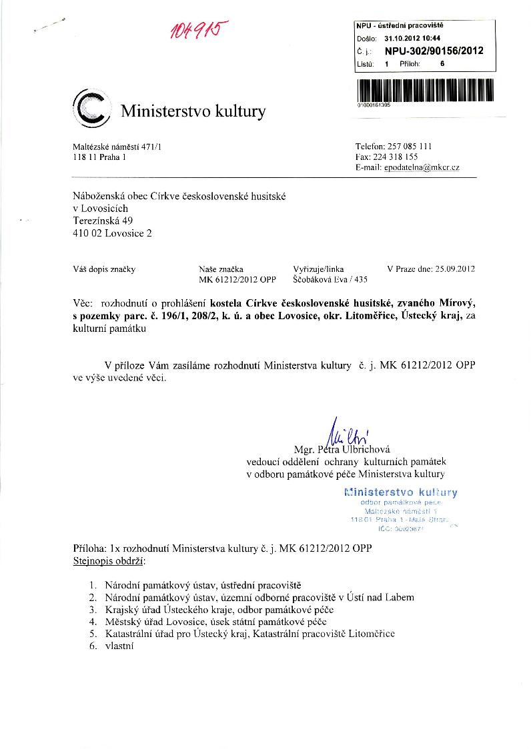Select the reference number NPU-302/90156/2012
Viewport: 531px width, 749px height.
click(x=439, y=50)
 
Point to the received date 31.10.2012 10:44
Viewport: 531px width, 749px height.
click(x=412, y=38)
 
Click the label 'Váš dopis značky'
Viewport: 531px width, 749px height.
click(x=103, y=269)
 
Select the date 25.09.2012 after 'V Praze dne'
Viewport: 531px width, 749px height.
click(x=454, y=269)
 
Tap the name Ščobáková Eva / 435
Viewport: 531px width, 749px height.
click(x=330, y=280)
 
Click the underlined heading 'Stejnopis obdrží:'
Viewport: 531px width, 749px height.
click(x=108, y=561)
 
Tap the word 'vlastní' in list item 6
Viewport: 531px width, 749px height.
click(x=120, y=645)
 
